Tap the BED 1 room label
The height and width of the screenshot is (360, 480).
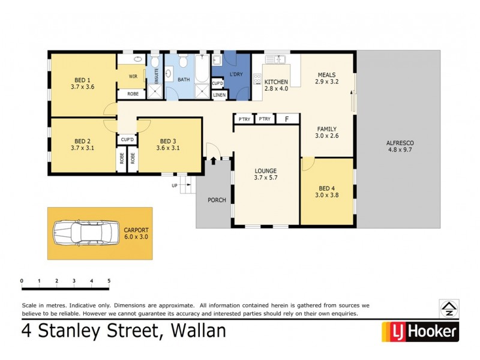pos(82,80)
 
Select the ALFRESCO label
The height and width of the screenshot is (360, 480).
pos(400,143)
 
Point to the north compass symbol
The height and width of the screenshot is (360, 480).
pos(449,308)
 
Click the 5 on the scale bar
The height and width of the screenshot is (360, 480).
pos(109,281)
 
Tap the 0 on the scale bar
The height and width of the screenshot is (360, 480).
pos(21,281)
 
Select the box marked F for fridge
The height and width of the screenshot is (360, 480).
pos(287,119)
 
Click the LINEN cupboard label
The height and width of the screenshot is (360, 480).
pos(219,95)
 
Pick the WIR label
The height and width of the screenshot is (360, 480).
pos(134,76)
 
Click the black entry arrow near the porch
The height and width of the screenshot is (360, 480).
pos(213,161)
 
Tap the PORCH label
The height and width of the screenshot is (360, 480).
pos(217,200)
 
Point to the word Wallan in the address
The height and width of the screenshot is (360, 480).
pos(199,331)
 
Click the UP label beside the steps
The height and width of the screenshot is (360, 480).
pos(175,185)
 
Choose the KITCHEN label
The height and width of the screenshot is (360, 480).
pos(276,82)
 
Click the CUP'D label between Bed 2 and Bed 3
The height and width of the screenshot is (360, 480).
pos(127,140)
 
